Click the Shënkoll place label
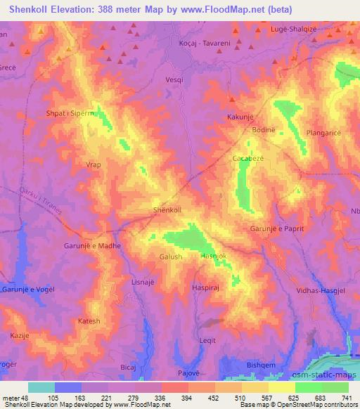(167, 210)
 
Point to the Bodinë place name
(262, 131)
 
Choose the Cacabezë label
(248, 160)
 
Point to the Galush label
(171, 257)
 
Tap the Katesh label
(89, 321)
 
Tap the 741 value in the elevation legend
(346, 398)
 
